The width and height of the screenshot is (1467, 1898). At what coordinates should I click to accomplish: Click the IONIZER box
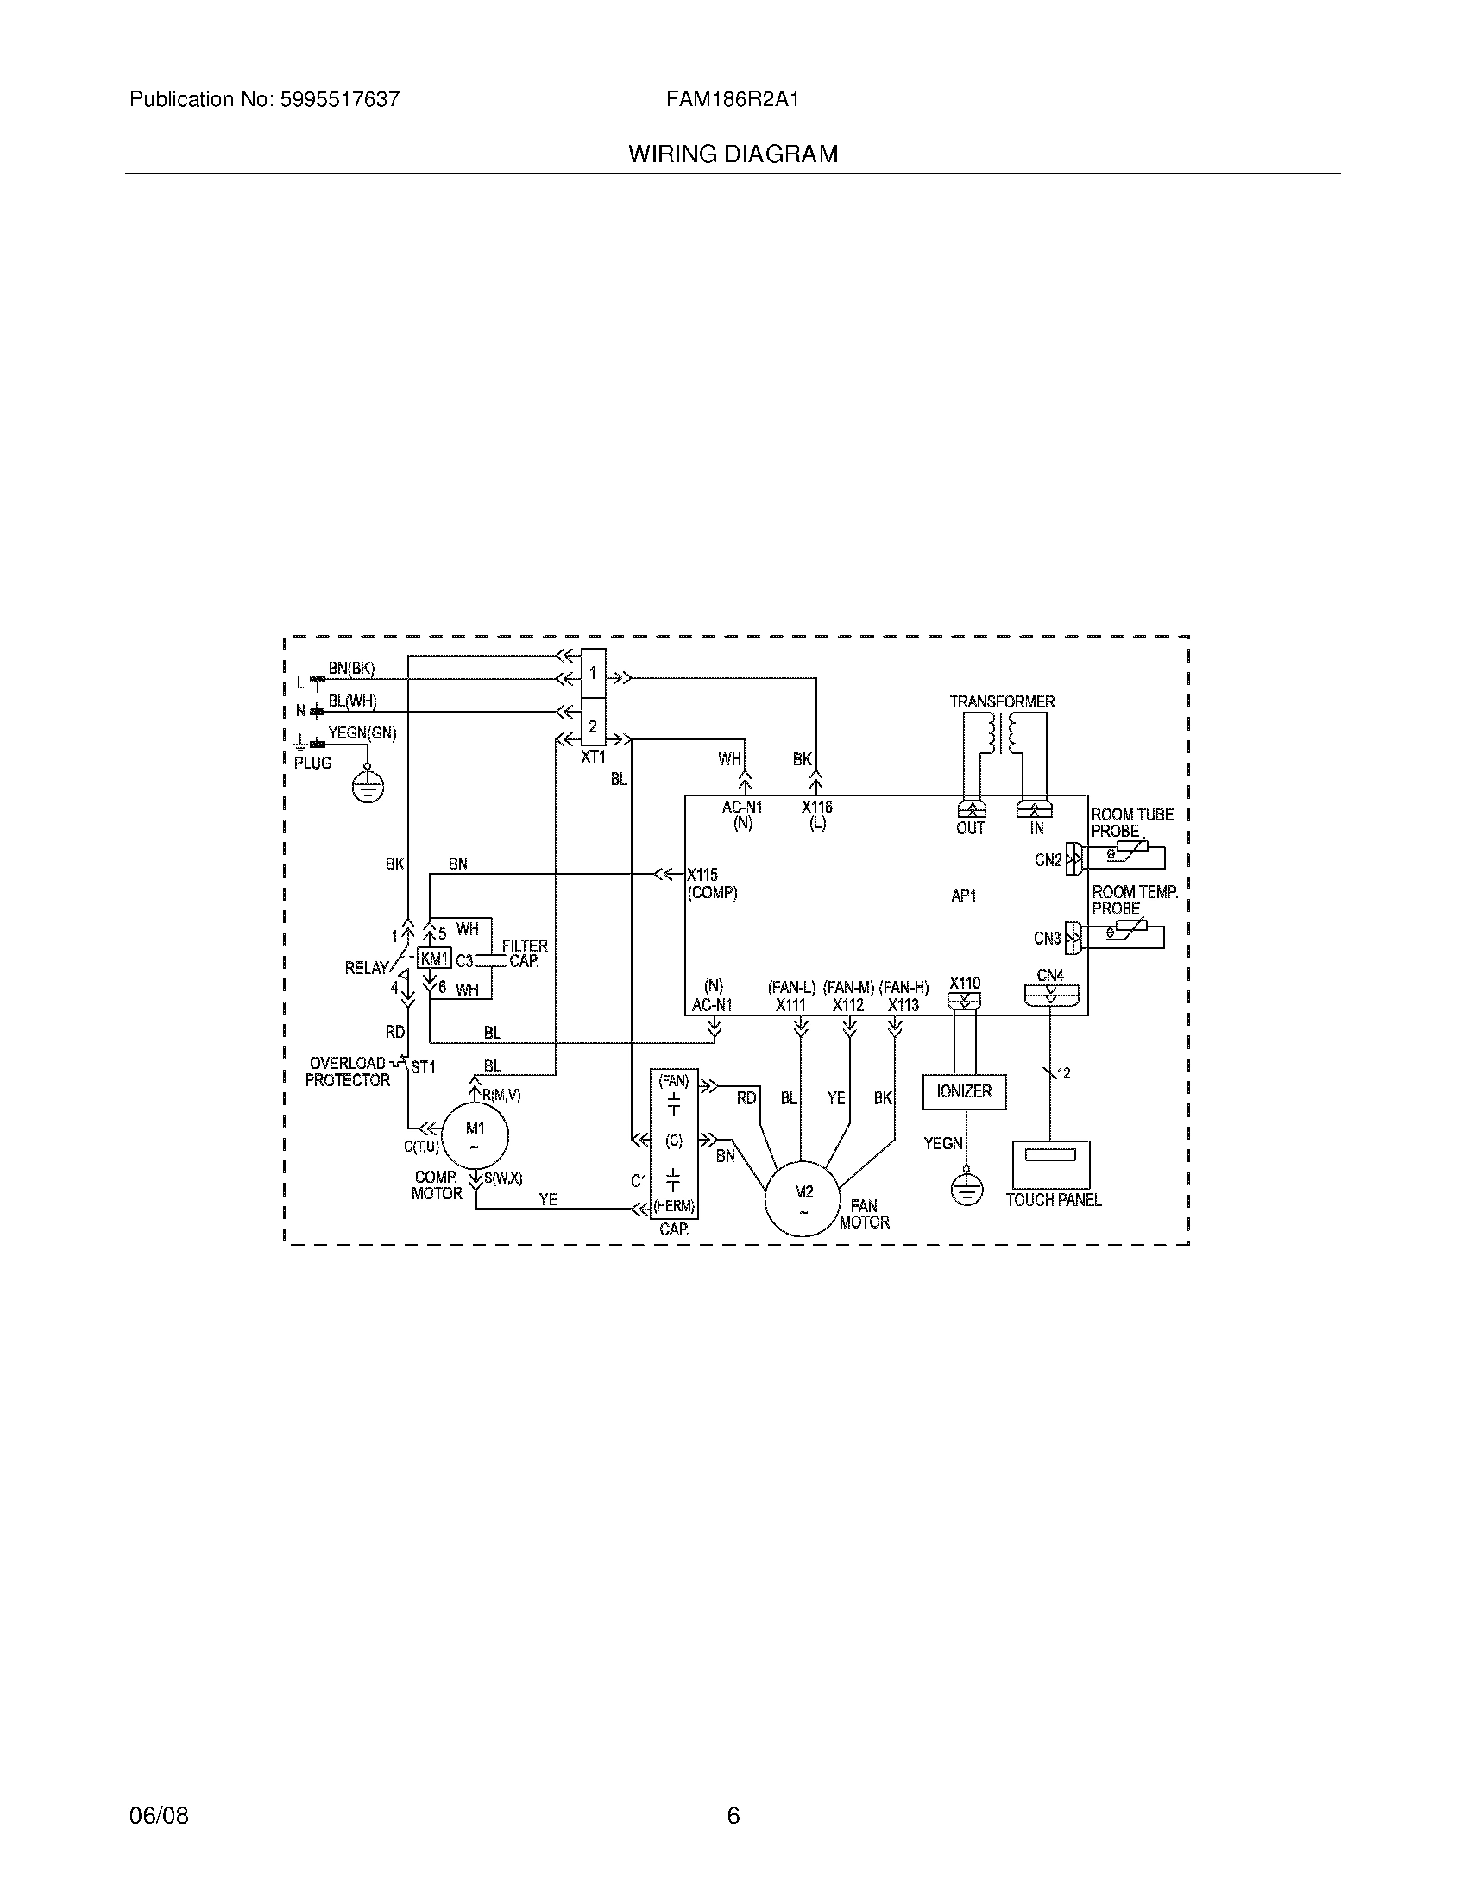[x=964, y=1091]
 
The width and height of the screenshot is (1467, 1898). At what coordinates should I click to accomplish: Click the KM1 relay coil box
[x=434, y=958]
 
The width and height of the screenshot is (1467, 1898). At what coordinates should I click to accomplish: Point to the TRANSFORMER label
[x=1002, y=701]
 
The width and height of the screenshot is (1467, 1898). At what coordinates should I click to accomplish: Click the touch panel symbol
[x=1050, y=1165]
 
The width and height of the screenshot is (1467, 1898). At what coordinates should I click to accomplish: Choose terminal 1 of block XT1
[x=593, y=673]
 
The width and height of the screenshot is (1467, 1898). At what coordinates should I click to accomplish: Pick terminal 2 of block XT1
[x=593, y=726]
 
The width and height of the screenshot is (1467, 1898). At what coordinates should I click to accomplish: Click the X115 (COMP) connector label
[x=712, y=883]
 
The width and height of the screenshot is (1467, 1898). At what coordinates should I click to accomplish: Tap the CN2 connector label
[x=1048, y=859]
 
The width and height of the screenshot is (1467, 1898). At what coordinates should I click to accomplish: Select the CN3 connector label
[x=1048, y=938]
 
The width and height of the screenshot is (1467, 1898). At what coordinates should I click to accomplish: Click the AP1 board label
[x=964, y=896]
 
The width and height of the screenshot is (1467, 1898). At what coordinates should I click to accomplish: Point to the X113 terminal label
[x=903, y=1004]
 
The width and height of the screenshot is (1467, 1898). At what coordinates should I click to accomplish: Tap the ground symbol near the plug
[x=368, y=787]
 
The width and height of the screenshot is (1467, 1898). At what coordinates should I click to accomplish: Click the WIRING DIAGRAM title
[x=733, y=154]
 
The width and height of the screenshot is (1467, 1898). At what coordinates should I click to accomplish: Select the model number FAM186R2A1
[x=733, y=99]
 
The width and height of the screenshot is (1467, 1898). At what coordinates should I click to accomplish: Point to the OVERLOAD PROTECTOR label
[x=348, y=1072]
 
